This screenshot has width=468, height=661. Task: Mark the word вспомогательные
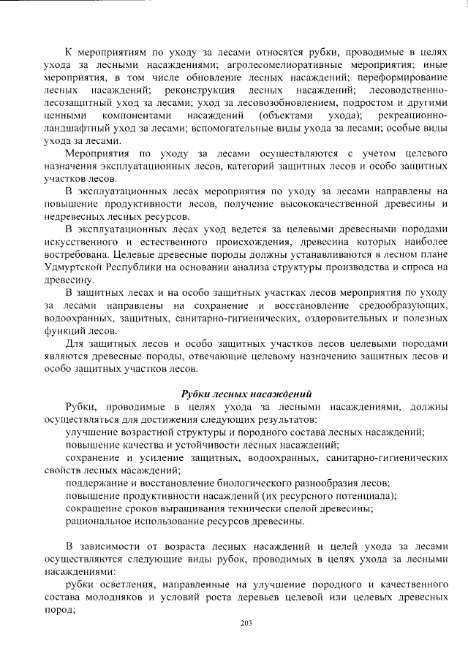tap(241, 128)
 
